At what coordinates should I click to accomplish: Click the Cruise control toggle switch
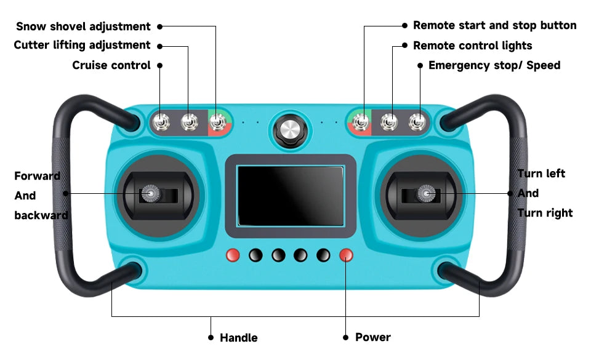point(161,122)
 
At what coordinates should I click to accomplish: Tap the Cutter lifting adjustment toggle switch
point(189,122)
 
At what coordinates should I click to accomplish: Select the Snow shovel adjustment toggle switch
point(217,122)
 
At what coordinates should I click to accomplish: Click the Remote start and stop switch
point(361,122)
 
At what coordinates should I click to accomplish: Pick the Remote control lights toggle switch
point(389,122)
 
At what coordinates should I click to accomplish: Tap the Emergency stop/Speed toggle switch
point(417,122)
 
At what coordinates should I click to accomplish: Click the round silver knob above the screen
point(290,131)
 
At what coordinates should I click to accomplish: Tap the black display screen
point(290,196)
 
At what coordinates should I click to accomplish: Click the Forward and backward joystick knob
point(150,194)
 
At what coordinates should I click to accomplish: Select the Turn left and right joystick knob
point(426,194)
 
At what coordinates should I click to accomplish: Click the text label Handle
point(239,338)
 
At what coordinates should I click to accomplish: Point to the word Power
point(373,337)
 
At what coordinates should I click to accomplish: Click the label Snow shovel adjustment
point(83,26)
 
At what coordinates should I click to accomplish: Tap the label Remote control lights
point(473,46)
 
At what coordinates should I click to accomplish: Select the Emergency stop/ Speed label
point(494,65)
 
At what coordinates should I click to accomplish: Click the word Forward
point(38,176)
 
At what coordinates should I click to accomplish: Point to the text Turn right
point(545,213)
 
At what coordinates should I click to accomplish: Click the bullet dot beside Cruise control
point(160,65)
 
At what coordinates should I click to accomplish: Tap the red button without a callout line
point(233,255)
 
